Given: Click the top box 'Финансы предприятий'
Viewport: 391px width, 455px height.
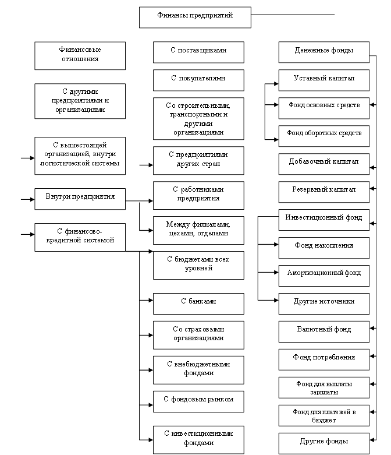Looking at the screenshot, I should click(195, 17).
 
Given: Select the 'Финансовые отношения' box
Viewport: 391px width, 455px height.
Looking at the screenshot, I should click(80, 54).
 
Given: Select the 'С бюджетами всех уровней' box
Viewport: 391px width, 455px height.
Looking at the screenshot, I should click(198, 265).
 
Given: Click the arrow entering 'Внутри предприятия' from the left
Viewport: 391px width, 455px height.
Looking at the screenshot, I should click(27, 199).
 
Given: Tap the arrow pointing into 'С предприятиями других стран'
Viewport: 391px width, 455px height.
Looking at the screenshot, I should click(146, 164).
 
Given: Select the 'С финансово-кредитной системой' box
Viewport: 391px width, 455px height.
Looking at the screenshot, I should click(80, 237).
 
